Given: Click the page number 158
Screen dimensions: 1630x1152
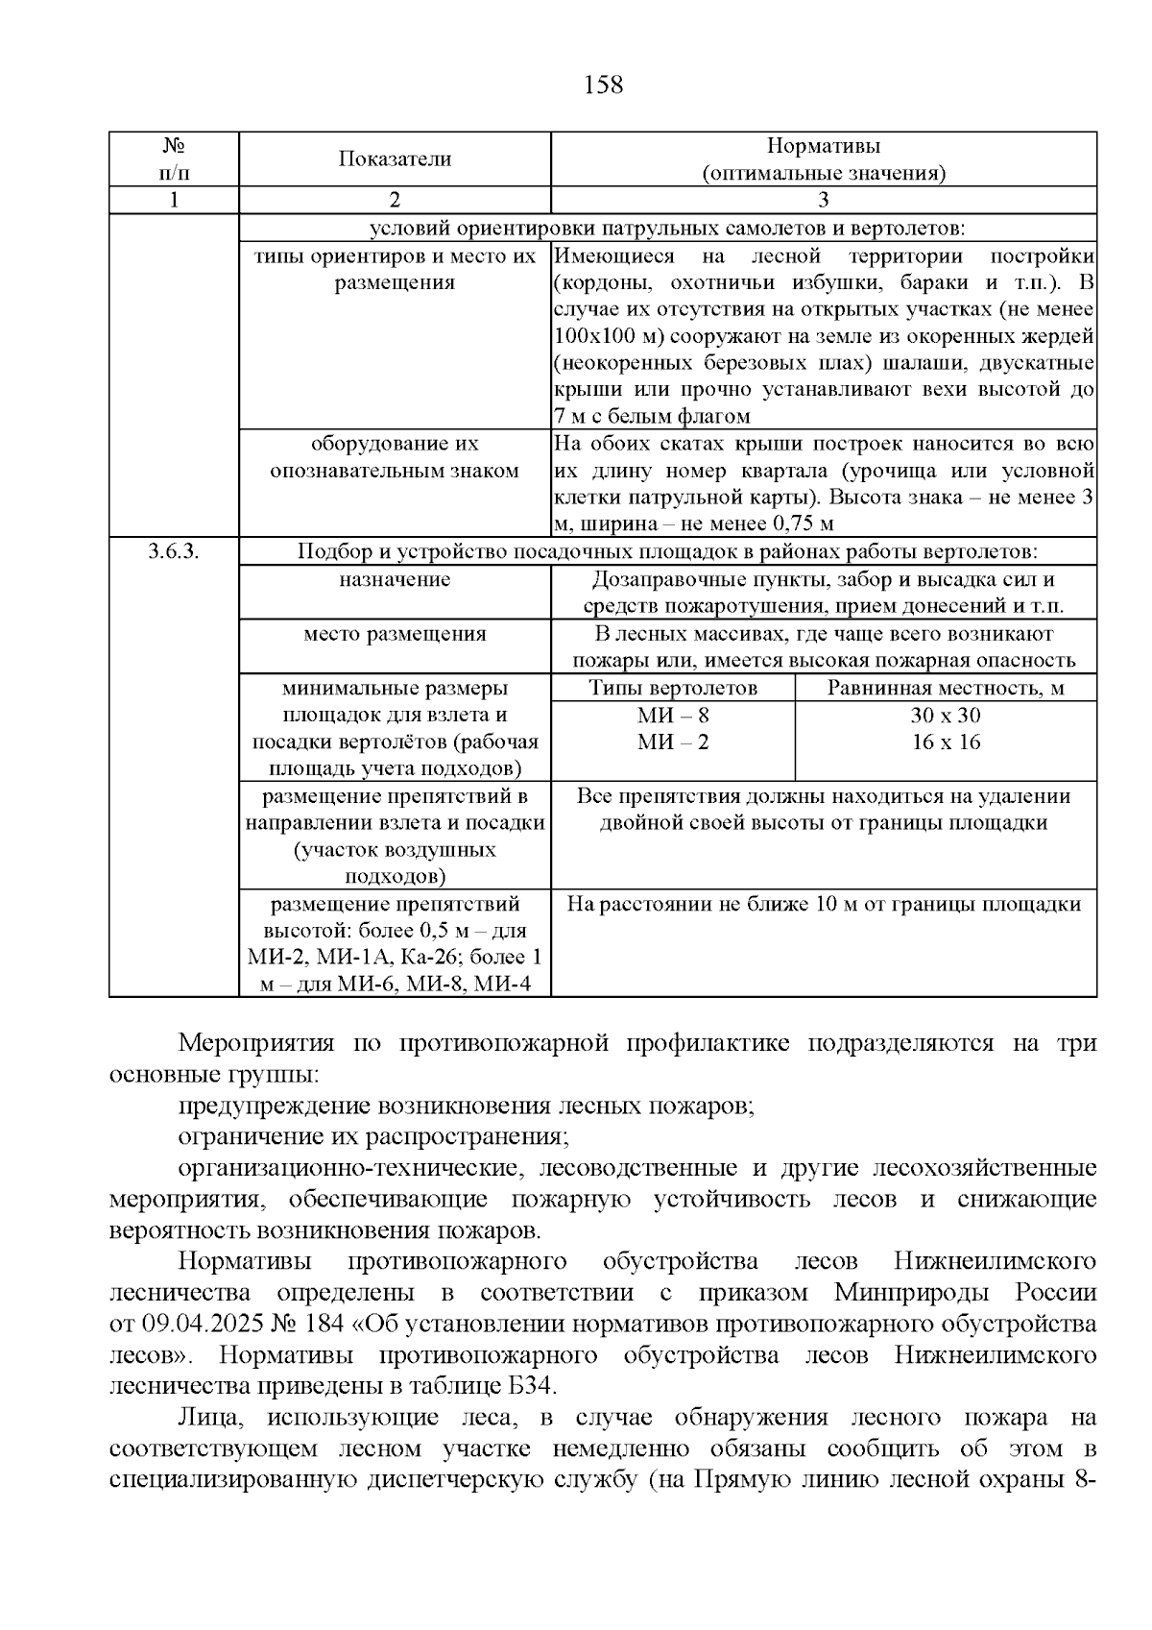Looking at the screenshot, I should (x=603, y=85).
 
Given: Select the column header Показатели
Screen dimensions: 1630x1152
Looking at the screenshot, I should (x=395, y=159).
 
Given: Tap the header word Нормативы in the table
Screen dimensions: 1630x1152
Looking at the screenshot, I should (x=823, y=146).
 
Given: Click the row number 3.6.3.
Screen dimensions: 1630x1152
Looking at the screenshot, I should (x=173, y=552).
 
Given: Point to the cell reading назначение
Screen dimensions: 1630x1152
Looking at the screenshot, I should (x=395, y=580).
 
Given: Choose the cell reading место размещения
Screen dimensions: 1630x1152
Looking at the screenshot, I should (x=395, y=634).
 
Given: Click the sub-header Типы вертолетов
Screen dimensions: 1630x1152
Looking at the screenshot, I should (x=673, y=688).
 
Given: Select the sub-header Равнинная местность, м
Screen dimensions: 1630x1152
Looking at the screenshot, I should (x=946, y=688).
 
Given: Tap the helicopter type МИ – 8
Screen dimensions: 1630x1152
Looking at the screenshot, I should (x=673, y=716).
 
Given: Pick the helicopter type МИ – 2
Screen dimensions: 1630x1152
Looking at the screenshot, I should (x=673, y=742).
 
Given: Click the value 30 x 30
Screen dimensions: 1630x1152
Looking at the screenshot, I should (x=946, y=716).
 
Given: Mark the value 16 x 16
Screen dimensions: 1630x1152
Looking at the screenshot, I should (x=946, y=742).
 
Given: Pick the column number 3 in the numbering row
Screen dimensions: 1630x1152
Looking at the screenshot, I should (x=823, y=200).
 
